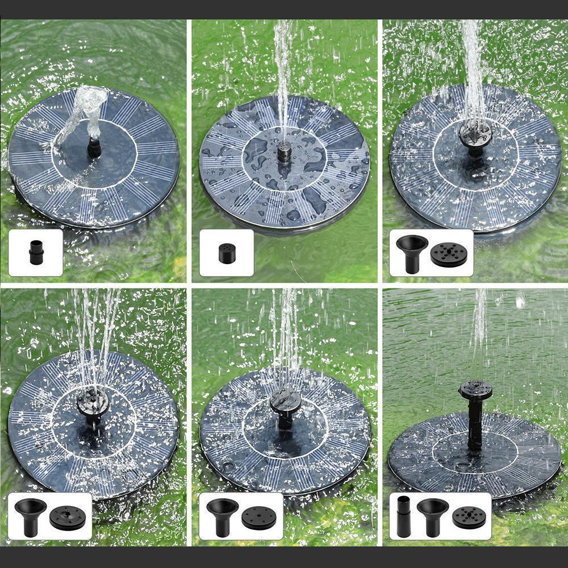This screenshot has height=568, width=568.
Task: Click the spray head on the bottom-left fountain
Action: point(93,403)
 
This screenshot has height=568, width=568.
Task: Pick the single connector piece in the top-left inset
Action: point(35,252)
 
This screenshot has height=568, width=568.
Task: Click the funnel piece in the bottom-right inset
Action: point(432,515)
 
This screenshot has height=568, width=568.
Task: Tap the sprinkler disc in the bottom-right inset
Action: point(469,517)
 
